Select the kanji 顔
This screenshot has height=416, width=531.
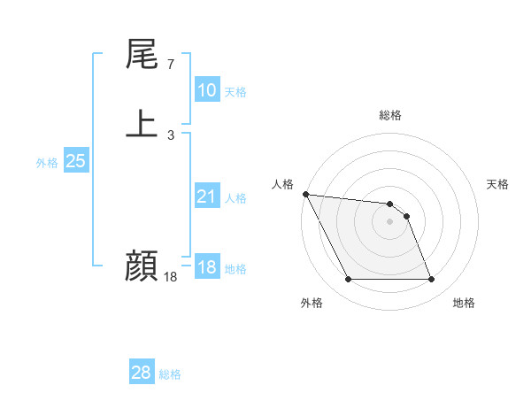[142, 265]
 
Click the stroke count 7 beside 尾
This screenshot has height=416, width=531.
[170, 64]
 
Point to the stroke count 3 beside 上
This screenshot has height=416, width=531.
[170, 135]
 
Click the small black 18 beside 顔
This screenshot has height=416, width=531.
[170, 276]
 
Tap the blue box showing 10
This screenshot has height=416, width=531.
[206, 90]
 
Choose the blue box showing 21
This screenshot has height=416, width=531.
[206, 196]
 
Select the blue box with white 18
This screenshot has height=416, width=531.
[206, 267]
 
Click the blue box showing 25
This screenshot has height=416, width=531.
[75, 161]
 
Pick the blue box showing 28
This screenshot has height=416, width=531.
[141, 373]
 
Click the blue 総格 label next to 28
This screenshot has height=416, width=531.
[170, 374]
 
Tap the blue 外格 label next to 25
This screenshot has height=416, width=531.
[47, 163]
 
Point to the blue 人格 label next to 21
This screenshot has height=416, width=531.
[235, 198]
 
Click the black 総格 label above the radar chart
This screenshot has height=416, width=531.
[390, 115]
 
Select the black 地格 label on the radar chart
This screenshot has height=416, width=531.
[464, 304]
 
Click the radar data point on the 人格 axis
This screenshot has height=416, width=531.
[305, 194]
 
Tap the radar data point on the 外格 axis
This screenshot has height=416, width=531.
[349, 280]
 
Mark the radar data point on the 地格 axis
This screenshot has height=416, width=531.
[431, 280]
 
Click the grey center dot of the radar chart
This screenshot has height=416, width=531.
[390, 222]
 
